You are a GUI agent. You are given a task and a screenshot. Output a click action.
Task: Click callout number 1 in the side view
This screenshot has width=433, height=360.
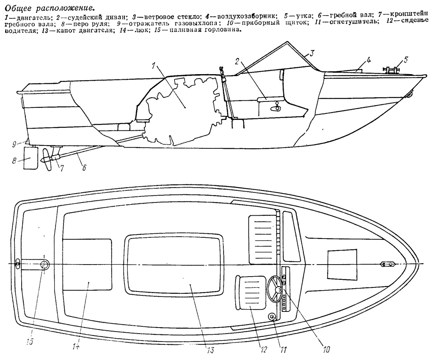154,66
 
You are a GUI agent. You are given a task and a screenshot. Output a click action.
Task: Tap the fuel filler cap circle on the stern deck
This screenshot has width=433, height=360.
44,264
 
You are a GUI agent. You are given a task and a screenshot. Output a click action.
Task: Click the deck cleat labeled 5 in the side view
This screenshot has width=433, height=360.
391,70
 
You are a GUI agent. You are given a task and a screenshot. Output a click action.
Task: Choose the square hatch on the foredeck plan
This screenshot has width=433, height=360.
342,264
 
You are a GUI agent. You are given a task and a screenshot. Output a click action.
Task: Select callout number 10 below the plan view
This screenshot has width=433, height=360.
326,349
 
